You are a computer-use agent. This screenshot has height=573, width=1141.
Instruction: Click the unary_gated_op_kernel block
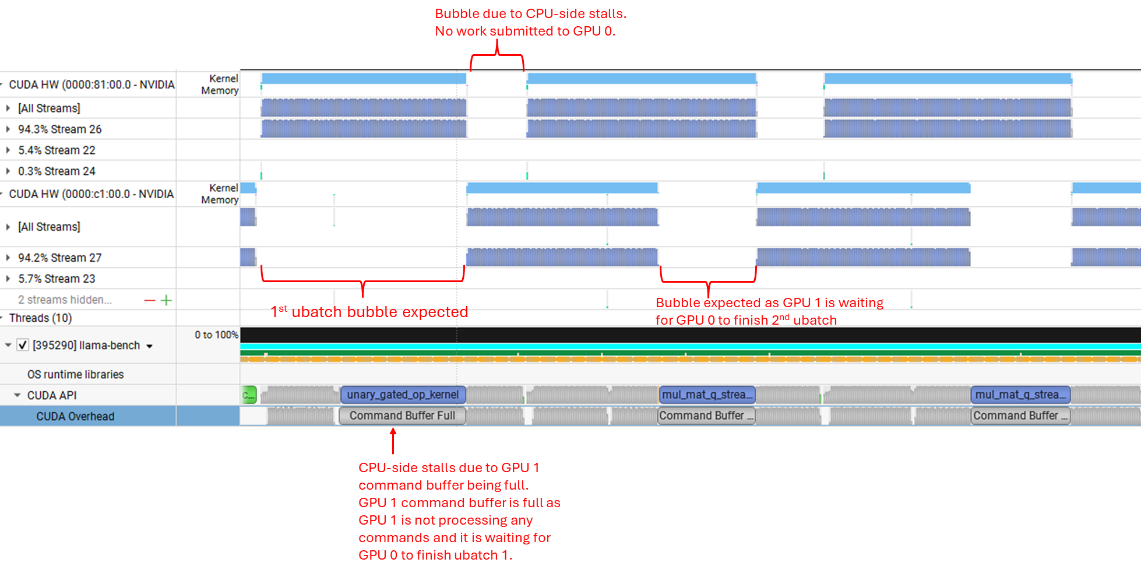coord(403,395)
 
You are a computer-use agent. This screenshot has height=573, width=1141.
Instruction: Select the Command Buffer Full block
coord(402,416)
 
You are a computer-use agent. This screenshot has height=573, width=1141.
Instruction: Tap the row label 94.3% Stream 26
coord(59,129)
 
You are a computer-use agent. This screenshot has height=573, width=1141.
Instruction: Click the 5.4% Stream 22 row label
coord(57,150)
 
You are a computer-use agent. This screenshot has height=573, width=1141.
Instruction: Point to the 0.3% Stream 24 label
coord(57,171)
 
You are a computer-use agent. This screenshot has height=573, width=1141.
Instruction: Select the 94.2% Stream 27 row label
coord(59,257)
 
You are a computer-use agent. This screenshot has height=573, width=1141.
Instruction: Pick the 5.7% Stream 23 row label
coord(57,279)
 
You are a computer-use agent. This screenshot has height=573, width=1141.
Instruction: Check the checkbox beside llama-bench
coord(23,345)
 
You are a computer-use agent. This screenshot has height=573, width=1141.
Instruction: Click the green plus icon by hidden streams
coord(166,300)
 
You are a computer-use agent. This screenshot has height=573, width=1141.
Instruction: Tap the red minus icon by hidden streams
coord(150,300)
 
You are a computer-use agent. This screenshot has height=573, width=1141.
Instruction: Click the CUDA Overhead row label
coord(75,416)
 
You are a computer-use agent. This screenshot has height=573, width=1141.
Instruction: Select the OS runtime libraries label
coord(75,374)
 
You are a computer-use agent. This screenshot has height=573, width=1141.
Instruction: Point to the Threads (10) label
coord(40,318)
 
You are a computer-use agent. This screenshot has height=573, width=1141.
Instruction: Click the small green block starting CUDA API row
coord(249,395)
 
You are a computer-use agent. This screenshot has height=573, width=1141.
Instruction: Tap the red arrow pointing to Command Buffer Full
coord(393,440)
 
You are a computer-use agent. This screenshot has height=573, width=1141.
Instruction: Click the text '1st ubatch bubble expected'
coord(369,312)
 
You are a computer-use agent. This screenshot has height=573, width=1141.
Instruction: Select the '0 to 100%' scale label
coord(216,335)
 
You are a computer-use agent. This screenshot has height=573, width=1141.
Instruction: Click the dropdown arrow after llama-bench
coord(150,346)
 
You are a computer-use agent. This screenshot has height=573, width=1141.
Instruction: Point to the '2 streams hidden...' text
coord(65,300)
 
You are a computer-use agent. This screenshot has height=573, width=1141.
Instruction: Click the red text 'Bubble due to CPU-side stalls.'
coord(530,13)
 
